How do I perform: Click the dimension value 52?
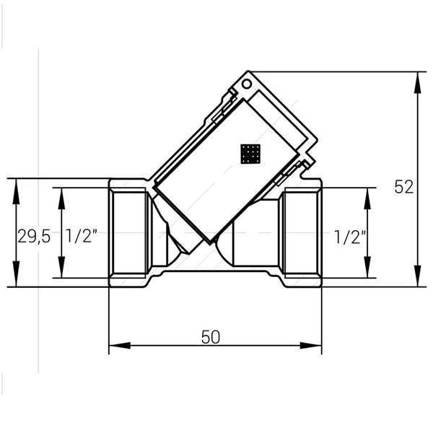click(403, 187)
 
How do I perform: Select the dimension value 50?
click(211, 337)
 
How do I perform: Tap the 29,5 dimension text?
click(34, 237)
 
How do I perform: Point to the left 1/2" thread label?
click(82, 236)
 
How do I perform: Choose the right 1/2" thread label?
click(350, 237)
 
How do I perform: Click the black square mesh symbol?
click(250, 154)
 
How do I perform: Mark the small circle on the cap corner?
click(247, 84)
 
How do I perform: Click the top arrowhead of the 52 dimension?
click(419, 82)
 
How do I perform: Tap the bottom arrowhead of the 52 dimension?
click(419, 276)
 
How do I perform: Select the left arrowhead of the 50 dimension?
click(120, 346)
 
